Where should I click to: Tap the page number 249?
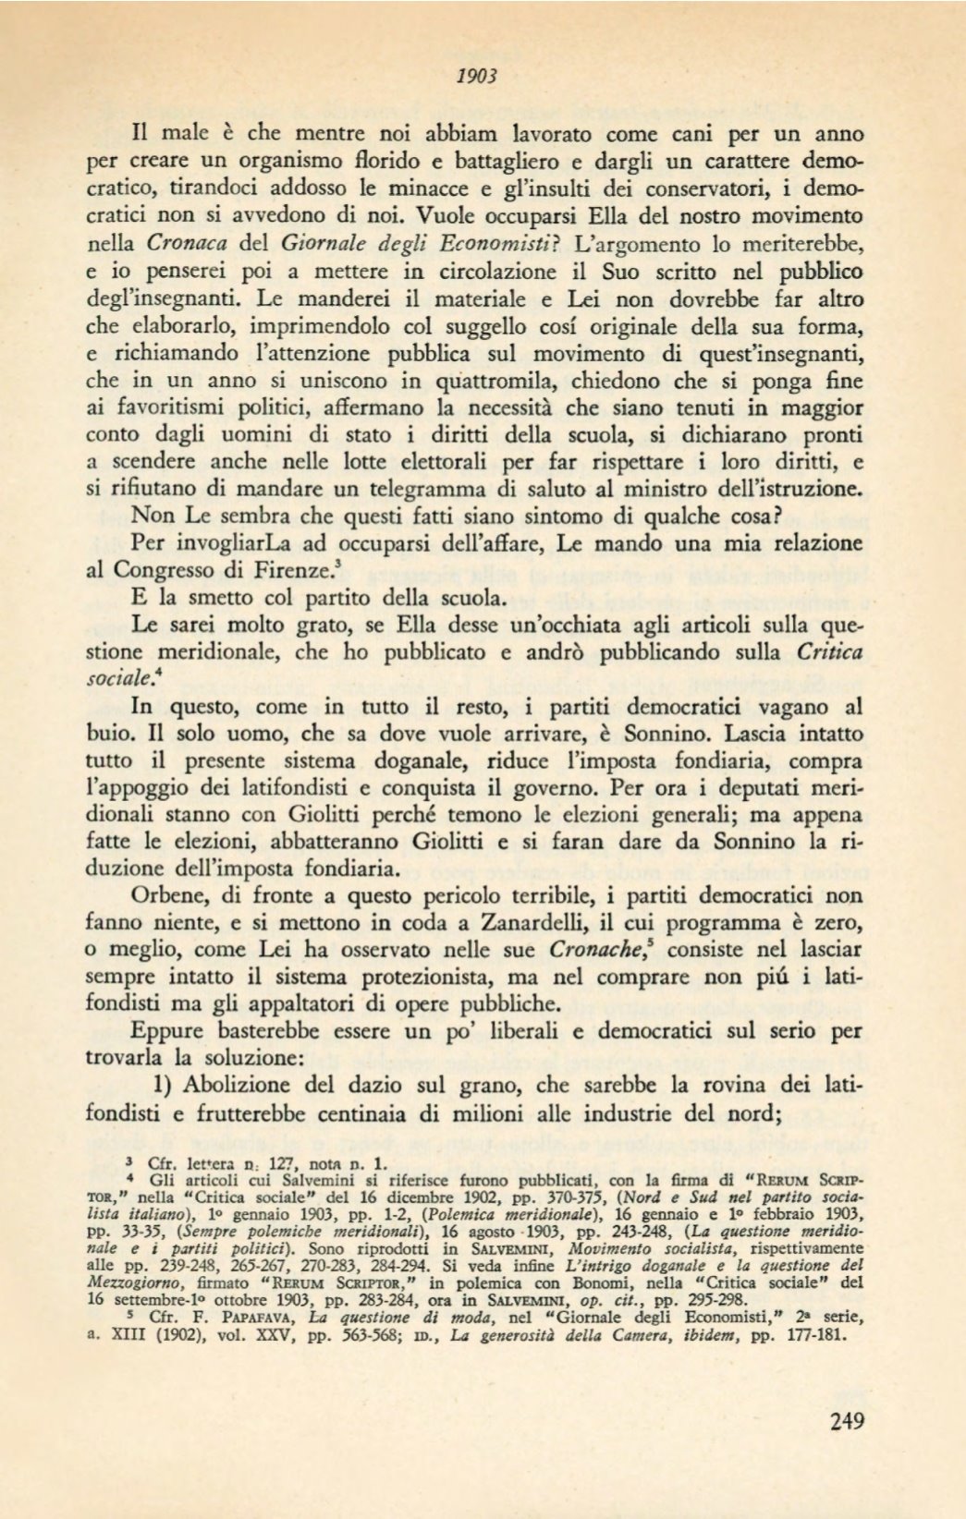click(847, 1421)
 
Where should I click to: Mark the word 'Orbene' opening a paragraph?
click(170, 895)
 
